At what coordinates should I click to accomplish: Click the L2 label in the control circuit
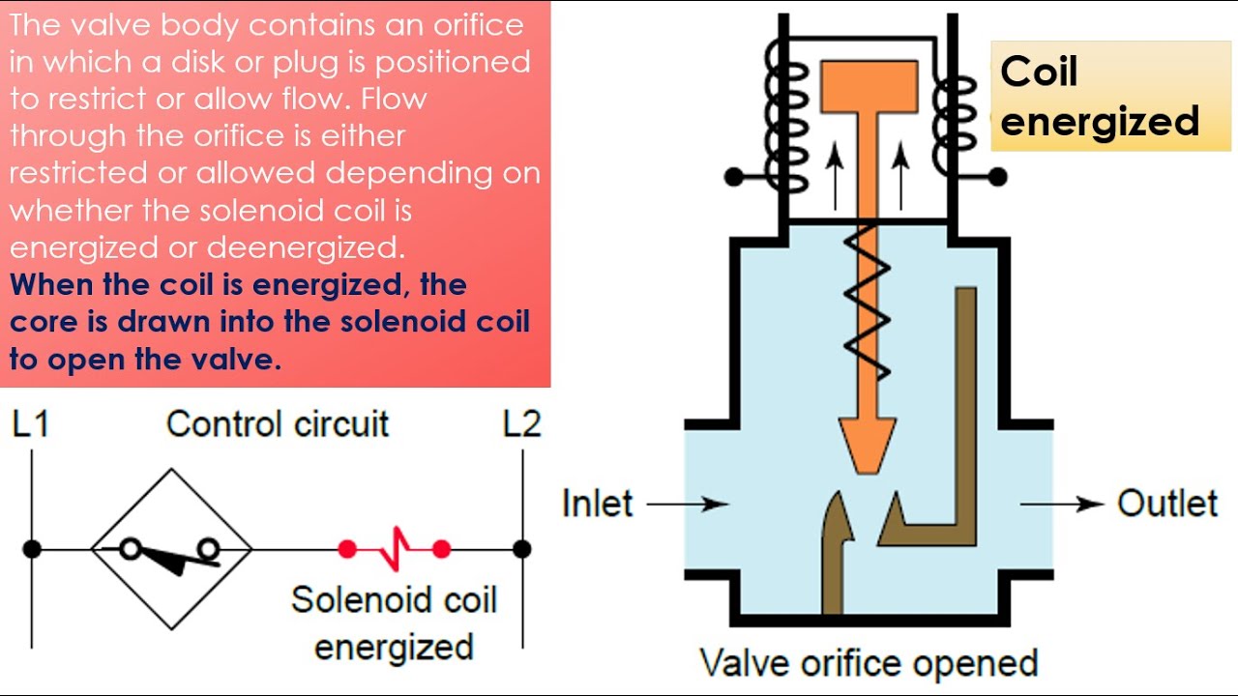click(521, 425)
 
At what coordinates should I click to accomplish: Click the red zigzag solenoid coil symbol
click(395, 550)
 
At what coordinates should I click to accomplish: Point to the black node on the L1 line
click(32, 549)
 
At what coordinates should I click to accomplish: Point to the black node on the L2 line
click(522, 549)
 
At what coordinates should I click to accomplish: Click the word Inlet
click(597, 504)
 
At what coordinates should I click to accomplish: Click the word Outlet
click(1167, 504)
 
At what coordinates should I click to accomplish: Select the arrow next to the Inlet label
click(687, 504)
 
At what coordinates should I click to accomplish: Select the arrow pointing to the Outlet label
click(1062, 504)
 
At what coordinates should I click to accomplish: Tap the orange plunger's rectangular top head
click(869, 85)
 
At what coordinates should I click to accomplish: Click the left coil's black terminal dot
click(734, 178)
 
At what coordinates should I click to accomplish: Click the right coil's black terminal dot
click(997, 178)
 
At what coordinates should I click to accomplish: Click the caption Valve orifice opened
click(868, 663)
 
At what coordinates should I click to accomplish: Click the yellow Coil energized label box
click(1110, 97)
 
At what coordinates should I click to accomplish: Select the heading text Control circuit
click(278, 424)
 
